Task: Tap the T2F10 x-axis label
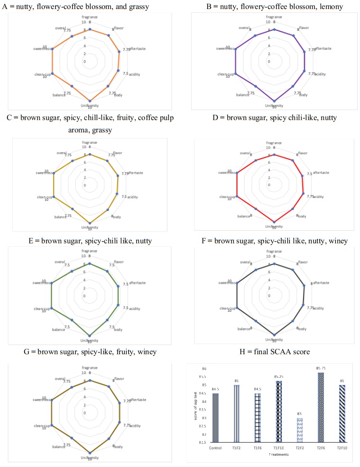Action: tap(332, 448)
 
